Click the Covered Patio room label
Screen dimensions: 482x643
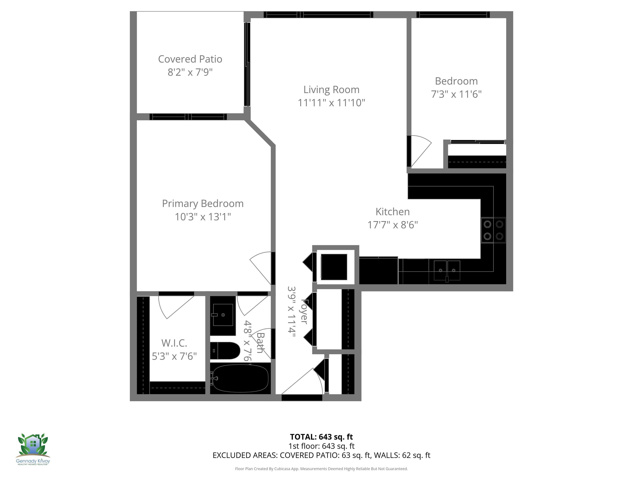point(190,59)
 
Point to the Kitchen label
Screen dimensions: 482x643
point(392,212)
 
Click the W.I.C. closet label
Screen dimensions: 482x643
point(174,343)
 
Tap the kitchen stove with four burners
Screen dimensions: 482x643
point(493,230)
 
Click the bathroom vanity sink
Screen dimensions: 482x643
point(223,315)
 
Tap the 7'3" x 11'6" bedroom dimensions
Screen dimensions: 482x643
point(456,94)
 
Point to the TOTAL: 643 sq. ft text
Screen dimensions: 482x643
point(321,437)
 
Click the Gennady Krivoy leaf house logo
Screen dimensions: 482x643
point(33,448)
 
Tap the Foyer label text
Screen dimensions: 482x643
point(304,311)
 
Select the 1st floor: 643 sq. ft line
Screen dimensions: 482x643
point(321,446)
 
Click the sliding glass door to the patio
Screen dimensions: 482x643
point(247,64)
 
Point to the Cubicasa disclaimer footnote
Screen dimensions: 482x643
point(321,469)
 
